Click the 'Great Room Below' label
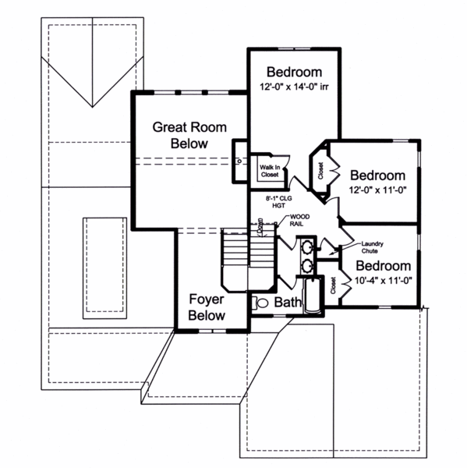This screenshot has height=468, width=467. click(179, 135)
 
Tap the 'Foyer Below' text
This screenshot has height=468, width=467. click(207, 307)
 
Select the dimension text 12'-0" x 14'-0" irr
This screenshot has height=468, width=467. click(295, 87)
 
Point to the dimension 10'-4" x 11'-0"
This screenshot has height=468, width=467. click(383, 280)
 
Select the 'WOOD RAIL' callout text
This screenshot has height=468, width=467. click(299, 220)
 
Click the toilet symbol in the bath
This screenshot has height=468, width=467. click(261, 302)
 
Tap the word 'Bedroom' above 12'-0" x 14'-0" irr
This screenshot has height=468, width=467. click(295, 73)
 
